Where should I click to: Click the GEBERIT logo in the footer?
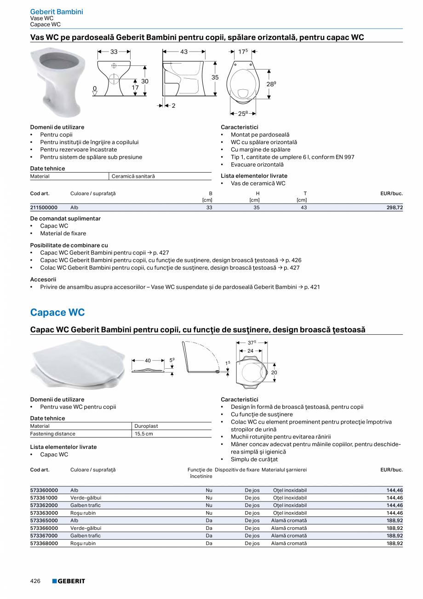(x=69, y=581)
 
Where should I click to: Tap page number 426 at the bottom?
(x=35, y=581)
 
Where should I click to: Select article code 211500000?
(x=44, y=208)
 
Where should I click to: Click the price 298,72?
(x=394, y=208)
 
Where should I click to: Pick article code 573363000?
(x=44, y=513)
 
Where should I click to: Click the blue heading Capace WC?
(x=57, y=312)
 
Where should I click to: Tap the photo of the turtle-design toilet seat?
(x=77, y=365)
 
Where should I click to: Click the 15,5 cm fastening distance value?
(x=144, y=434)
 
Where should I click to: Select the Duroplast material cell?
(x=146, y=426)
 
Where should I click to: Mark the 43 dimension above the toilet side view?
(x=184, y=52)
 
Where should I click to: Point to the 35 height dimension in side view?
(x=215, y=78)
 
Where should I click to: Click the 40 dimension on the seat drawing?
(x=148, y=361)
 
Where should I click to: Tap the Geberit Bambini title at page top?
(x=57, y=12)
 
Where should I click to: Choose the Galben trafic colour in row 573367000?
(x=85, y=536)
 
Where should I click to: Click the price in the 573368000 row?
(x=394, y=543)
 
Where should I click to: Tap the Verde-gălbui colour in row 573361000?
(x=86, y=498)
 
